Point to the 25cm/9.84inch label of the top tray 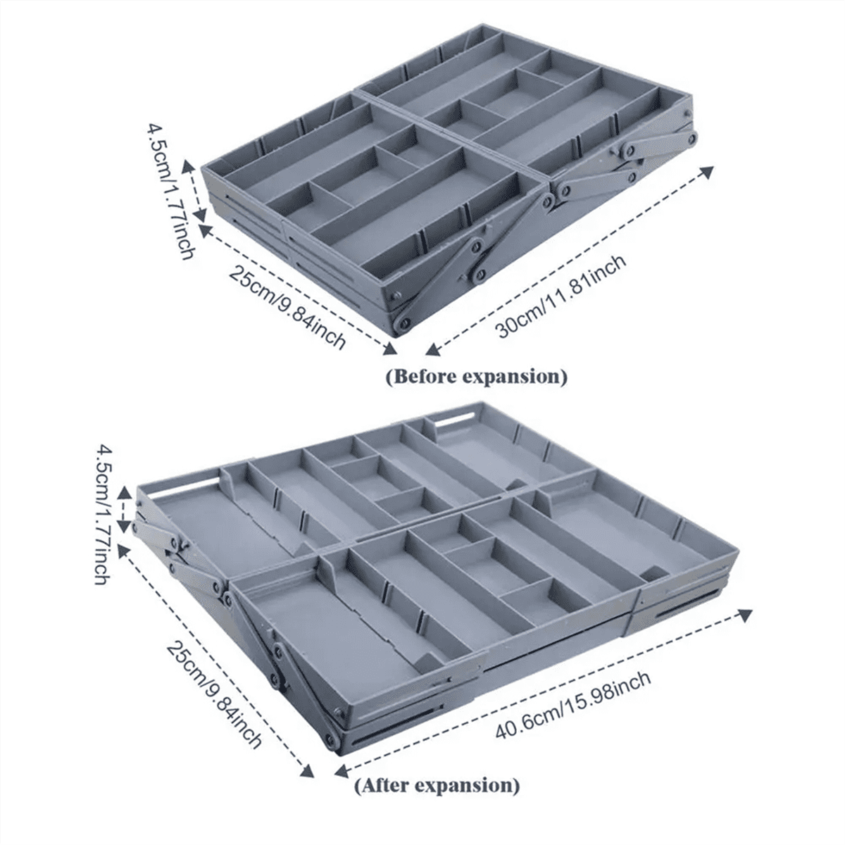pos(287,307)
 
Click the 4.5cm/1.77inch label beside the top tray pos(170,191)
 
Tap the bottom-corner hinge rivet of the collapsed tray pos(401,323)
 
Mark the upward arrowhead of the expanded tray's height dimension pos(125,494)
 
